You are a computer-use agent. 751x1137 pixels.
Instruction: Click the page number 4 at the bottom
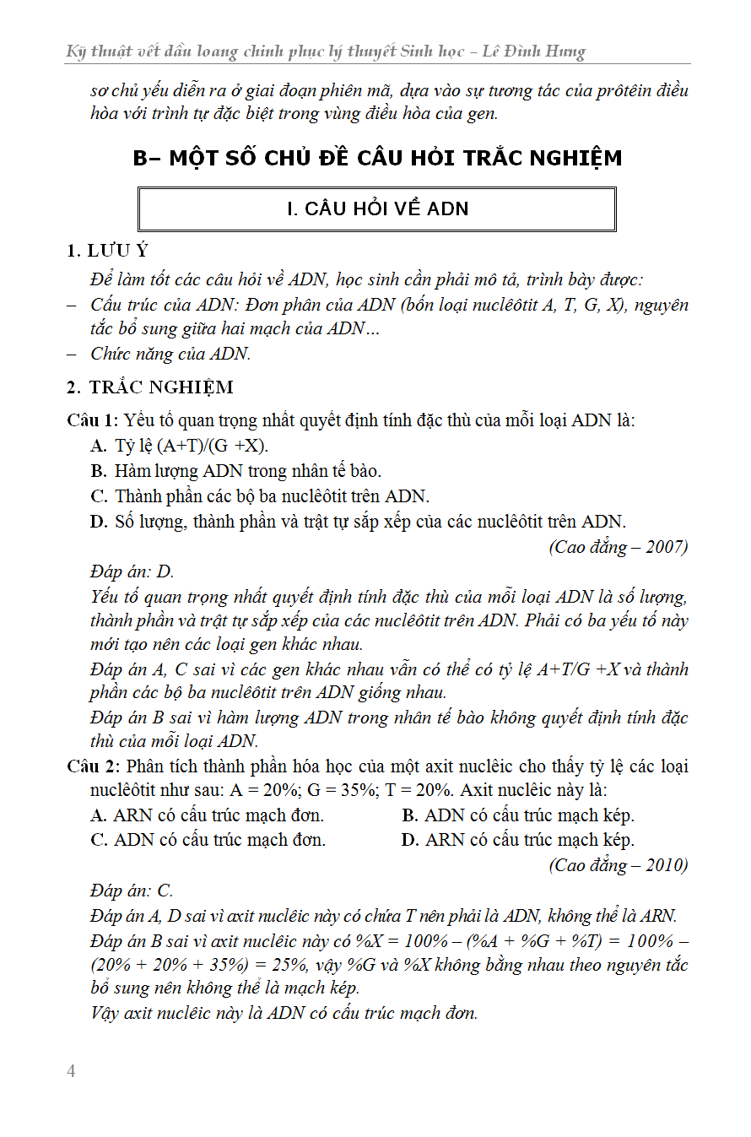(x=71, y=1071)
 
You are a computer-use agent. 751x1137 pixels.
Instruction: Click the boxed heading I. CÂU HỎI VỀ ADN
(x=377, y=209)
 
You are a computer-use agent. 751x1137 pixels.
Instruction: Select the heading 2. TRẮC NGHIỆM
(x=150, y=387)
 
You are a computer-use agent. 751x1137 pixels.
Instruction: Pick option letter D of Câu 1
(x=98, y=521)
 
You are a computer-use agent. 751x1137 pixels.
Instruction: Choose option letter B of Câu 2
(x=410, y=815)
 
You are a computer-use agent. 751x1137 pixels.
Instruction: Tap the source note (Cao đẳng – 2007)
(x=619, y=547)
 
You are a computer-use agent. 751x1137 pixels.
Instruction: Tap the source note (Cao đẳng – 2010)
(x=619, y=865)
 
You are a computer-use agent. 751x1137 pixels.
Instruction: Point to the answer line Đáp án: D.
(x=132, y=571)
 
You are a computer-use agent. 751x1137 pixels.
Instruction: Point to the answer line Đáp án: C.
(x=132, y=891)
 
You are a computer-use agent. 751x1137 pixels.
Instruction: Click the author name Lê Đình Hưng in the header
(x=534, y=52)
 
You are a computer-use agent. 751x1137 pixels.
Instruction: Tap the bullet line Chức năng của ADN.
(x=170, y=354)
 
